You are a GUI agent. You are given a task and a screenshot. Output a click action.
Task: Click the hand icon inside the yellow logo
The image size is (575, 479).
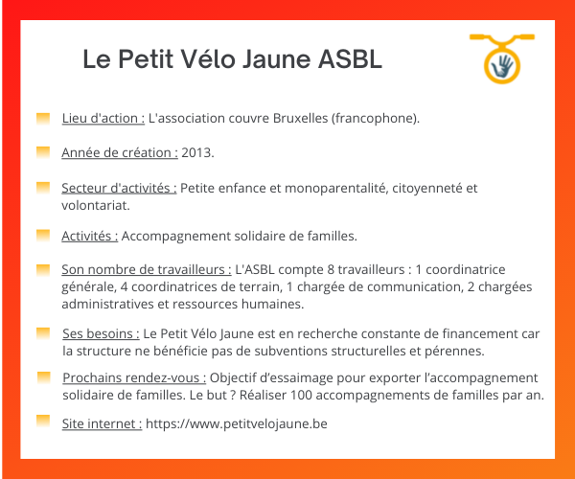coord(502,66)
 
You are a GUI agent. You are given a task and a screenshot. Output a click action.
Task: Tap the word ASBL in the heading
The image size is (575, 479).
coord(350,58)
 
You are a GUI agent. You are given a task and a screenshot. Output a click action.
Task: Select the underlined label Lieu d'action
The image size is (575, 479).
coord(103,119)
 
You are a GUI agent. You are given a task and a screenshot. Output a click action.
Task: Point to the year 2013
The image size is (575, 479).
coord(197,152)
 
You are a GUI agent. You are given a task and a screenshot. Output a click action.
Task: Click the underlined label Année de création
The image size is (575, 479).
coord(120,152)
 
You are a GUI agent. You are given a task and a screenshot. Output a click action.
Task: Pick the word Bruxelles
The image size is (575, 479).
coord(300,119)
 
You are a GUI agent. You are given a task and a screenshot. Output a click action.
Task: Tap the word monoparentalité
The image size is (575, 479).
coord(336,188)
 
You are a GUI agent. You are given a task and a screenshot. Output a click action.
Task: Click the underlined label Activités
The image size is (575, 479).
coord(90,236)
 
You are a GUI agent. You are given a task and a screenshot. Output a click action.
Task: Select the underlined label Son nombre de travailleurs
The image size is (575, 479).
coord(147,269)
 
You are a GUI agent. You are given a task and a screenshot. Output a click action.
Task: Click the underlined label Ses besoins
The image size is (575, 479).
coord(101,334)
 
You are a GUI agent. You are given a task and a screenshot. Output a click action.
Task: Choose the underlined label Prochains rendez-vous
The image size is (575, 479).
coord(134,377)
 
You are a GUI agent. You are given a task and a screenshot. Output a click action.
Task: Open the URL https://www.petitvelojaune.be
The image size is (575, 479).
coord(237,423)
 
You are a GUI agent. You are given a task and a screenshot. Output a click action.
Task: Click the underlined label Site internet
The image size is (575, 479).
coord(102,423)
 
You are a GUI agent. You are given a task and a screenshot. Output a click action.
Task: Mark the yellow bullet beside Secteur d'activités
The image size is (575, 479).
coord(43,187)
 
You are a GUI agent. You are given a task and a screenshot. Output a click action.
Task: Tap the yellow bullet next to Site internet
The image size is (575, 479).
coord(43,421)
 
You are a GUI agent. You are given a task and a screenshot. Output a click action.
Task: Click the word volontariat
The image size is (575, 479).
coord(96,205)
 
